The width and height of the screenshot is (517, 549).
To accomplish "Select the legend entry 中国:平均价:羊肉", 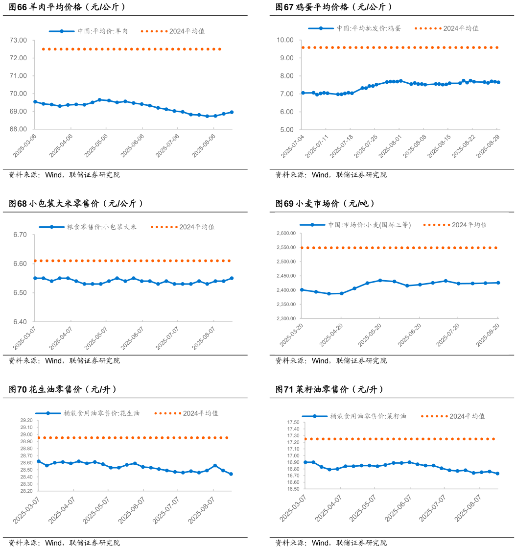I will point(102,31).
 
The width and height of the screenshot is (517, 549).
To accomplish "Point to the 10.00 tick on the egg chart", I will point(285,40).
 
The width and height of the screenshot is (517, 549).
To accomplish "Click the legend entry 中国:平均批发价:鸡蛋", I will point(368,28).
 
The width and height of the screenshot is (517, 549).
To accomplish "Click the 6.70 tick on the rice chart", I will point(20,235).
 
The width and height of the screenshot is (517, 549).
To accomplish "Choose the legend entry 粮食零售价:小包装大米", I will point(102,227).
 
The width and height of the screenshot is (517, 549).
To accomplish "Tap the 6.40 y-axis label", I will point(20,322).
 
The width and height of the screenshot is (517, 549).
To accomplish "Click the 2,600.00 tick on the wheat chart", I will point(286,234).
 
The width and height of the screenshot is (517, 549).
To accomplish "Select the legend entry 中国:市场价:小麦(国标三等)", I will point(369,225).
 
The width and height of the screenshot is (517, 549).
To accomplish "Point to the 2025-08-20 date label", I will point(488,334).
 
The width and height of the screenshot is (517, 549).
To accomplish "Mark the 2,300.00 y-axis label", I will point(286,319).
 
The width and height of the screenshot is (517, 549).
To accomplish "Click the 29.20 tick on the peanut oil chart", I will point(26,421).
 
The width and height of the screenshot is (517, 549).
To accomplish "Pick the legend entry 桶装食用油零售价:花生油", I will point(101,413).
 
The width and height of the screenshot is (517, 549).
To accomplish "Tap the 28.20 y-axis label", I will point(26,491).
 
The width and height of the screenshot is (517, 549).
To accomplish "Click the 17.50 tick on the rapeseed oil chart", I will point(293,422).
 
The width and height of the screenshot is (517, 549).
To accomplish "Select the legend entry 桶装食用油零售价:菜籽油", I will point(368,416).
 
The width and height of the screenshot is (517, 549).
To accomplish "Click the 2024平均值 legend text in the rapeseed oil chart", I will point(467,416).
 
